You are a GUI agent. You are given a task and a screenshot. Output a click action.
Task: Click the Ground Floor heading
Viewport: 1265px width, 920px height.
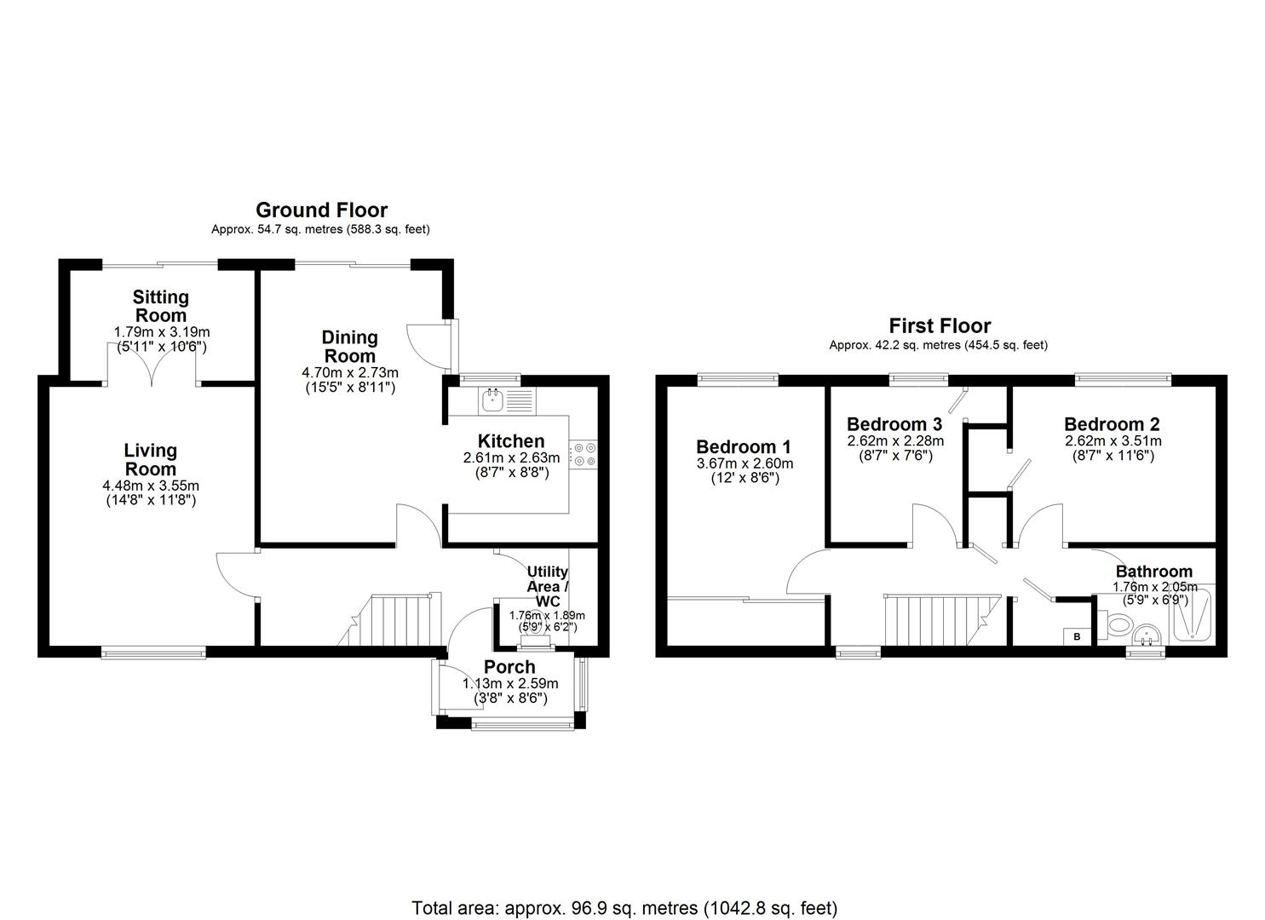tap(321, 210)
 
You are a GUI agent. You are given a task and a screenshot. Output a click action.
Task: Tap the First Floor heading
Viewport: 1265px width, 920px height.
tap(940, 325)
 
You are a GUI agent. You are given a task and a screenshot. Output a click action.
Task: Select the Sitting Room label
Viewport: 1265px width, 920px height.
tap(160, 306)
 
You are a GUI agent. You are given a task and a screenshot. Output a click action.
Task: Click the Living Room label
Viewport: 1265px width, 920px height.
tap(150, 459)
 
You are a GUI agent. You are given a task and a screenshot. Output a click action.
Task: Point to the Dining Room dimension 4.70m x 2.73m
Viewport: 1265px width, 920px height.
tap(350, 372)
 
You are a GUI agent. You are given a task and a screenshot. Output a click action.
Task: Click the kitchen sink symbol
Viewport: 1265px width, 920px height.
tap(493, 399)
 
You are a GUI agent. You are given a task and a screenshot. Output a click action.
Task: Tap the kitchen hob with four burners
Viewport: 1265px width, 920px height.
tap(584, 454)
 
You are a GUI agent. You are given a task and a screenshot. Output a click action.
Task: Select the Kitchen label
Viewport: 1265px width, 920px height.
tap(510, 441)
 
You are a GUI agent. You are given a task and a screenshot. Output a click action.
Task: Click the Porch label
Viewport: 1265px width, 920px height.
tap(509, 667)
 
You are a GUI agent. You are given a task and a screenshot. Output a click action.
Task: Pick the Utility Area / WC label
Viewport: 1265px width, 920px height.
tap(547, 586)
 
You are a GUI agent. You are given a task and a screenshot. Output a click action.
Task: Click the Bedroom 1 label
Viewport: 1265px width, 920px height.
tap(743, 446)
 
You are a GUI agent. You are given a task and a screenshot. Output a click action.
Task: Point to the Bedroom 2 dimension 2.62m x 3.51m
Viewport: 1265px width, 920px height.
tap(1112, 441)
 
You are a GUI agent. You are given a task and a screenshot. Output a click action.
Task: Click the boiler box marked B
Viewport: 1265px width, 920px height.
tap(1076, 636)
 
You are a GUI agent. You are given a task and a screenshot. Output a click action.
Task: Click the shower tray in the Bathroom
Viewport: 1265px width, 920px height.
tap(1195, 614)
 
